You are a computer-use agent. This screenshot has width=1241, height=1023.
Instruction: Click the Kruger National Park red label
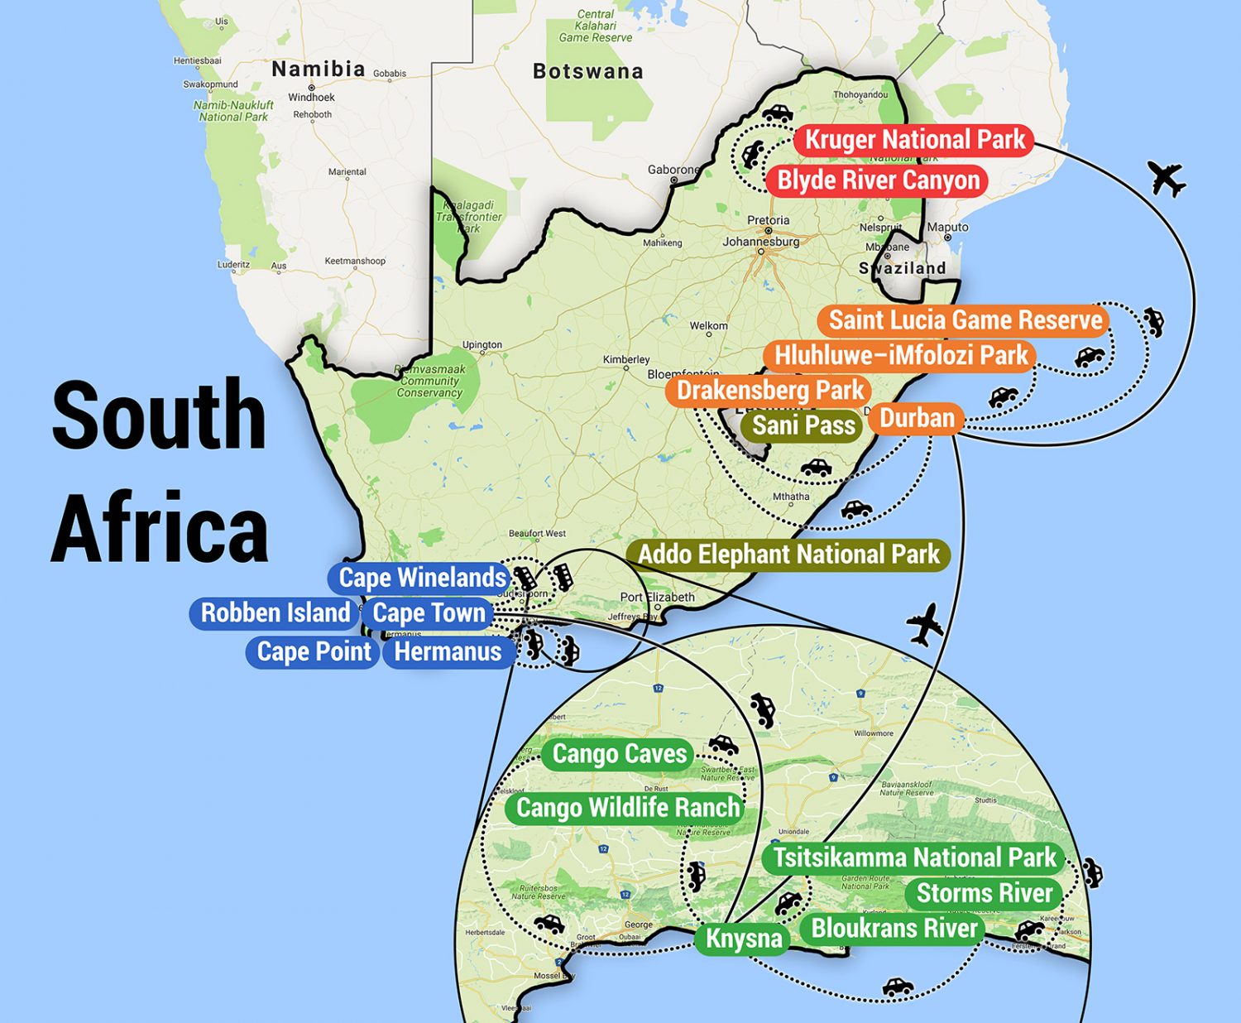pos(914,140)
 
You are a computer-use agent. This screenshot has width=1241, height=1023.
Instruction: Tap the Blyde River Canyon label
pos(877,180)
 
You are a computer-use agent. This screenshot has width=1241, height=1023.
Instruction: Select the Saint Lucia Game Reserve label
pos(965,320)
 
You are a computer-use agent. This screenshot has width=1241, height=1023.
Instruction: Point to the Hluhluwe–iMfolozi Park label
pos(900,356)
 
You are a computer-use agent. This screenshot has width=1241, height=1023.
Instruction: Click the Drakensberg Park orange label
pos(769,391)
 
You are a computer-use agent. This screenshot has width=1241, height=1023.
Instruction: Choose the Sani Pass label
pos(803,425)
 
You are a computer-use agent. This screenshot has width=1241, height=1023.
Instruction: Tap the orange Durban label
pos(917,418)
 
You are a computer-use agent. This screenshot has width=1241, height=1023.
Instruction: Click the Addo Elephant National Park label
pos(788,555)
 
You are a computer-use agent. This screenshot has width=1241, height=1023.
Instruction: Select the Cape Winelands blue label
pos(422,578)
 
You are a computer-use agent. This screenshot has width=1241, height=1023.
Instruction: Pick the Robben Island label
pos(275,613)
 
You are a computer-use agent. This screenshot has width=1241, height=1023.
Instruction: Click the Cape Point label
pos(314,652)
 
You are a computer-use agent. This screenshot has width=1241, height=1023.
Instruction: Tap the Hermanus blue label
pos(448,652)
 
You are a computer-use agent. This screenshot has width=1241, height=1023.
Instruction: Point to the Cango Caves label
pos(619,754)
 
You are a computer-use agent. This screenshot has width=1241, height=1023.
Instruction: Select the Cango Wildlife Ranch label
pos(627,808)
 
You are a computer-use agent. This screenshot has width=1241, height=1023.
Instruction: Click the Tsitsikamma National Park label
pos(914,858)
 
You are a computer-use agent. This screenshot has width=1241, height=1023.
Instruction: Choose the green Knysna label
pos(743,939)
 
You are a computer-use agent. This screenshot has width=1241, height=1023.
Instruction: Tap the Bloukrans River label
pos(894,929)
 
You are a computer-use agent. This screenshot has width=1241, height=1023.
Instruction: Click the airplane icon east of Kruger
pos(1167,178)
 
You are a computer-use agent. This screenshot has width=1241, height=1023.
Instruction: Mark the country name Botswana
pos(587,72)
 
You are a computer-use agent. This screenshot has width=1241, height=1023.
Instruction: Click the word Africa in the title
pos(160,527)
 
